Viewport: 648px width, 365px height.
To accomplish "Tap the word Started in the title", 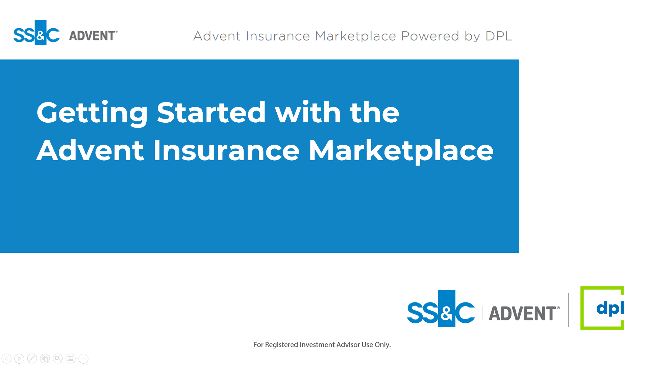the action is click(211, 112).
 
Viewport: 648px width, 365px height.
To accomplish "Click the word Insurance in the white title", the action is click(226, 150).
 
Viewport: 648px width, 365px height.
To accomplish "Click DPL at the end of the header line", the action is click(499, 36).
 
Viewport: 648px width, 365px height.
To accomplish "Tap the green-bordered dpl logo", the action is click(602, 308).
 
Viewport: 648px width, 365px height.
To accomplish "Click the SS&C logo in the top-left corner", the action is click(36, 32).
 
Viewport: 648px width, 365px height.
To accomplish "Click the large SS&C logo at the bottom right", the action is click(441, 309).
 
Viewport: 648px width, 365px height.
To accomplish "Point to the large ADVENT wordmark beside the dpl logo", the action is click(524, 313).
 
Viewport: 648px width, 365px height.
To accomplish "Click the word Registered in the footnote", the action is click(281, 345).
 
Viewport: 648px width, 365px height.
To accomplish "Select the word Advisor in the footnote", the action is click(348, 345).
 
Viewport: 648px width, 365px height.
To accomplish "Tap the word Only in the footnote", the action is click(382, 345).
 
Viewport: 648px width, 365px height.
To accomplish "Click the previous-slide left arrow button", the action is click(6, 359).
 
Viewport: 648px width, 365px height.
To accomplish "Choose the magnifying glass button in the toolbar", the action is click(58, 359).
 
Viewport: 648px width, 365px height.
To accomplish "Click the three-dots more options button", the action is click(83, 359).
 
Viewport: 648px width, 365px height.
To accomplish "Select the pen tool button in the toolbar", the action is click(32, 359).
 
